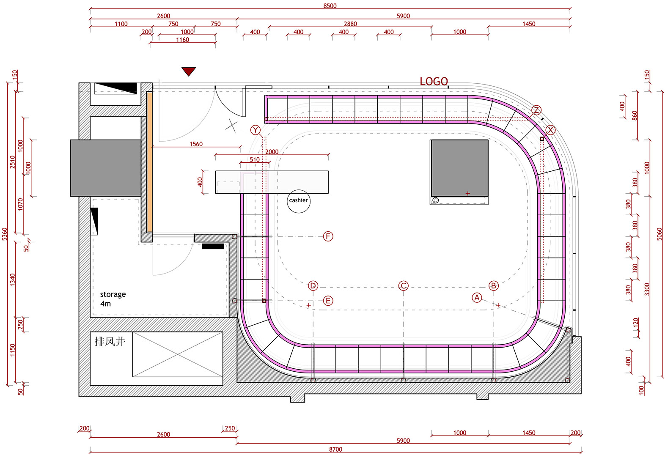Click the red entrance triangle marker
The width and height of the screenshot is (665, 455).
(189, 71)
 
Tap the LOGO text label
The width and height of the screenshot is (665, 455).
(434, 81)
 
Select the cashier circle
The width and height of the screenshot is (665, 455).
(298, 201)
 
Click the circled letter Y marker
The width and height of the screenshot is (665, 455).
(256, 130)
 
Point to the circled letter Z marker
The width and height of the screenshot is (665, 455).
(536, 110)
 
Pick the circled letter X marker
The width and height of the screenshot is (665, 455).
(550, 130)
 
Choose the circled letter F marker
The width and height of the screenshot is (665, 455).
(328, 236)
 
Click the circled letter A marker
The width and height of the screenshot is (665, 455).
(477, 297)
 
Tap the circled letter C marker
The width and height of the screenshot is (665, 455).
(403, 285)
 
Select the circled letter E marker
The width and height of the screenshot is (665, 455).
(328, 301)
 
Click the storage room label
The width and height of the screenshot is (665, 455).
(113, 299)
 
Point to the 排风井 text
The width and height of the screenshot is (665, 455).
(110, 341)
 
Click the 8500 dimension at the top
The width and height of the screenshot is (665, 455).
(330, 5)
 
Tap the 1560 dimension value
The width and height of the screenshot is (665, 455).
(196, 144)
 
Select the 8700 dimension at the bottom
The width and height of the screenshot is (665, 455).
(335, 450)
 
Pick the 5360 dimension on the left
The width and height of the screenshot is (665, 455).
(5, 234)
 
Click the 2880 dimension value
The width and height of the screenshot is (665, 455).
(350, 24)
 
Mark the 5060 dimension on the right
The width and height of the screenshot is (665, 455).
(660, 234)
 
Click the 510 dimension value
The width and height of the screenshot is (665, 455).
(255, 159)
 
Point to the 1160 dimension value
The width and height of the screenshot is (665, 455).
(182, 40)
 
